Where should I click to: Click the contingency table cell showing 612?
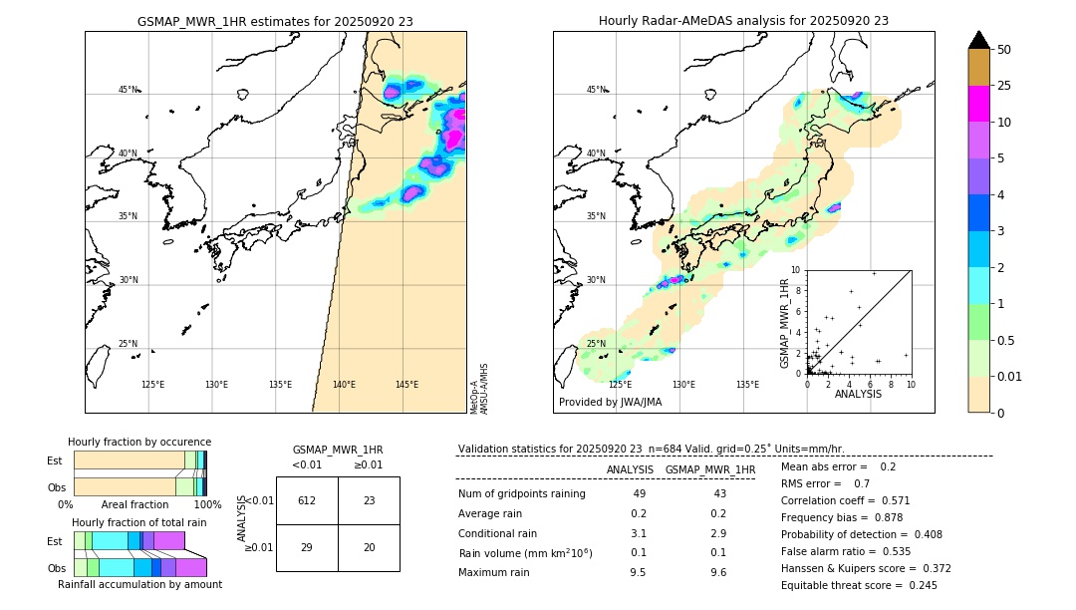307,500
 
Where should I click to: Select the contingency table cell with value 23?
369,500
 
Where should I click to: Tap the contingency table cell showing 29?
307,547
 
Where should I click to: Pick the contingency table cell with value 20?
369,547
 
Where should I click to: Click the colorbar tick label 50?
1004,50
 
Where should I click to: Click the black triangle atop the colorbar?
979,40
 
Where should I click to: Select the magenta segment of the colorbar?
979,104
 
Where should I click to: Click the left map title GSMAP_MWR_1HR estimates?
275,21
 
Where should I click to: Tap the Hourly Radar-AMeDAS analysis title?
743,21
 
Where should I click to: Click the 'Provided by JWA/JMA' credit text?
610,402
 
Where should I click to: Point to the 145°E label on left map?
406,385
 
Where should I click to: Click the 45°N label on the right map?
596,90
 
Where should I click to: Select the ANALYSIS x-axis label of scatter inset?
858,394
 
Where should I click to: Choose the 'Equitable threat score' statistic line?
859,585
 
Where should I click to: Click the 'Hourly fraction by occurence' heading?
139,442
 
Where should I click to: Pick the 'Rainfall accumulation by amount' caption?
139,584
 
